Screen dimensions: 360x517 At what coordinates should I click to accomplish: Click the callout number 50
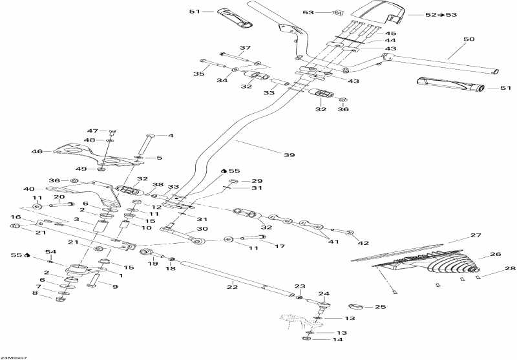(x=469, y=39)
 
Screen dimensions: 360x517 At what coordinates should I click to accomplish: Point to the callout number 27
(x=476, y=235)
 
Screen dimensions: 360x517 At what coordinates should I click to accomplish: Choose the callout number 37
(x=245, y=48)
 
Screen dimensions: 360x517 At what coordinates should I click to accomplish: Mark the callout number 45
(x=390, y=33)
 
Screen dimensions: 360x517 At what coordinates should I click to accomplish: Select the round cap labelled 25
(x=357, y=306)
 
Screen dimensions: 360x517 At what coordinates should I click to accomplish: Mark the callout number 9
(x=115, y=286)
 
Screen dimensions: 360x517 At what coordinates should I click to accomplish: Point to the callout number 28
(x=510, y=268)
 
